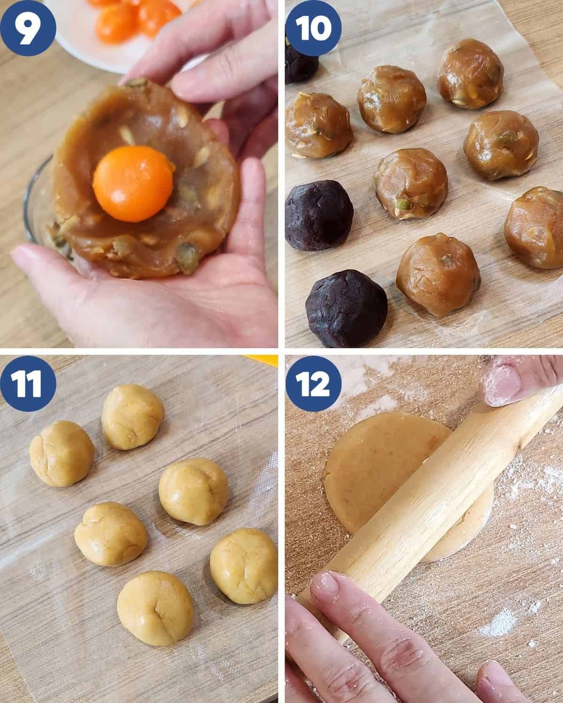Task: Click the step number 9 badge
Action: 28,28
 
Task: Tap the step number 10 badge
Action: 313,28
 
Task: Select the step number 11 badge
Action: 28,383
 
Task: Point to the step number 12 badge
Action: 313,383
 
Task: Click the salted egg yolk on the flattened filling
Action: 133,184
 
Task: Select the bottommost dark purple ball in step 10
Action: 347,308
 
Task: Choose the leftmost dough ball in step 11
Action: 62,453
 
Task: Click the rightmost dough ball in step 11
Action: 243,566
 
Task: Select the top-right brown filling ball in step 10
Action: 471,74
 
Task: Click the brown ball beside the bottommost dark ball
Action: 438,275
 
